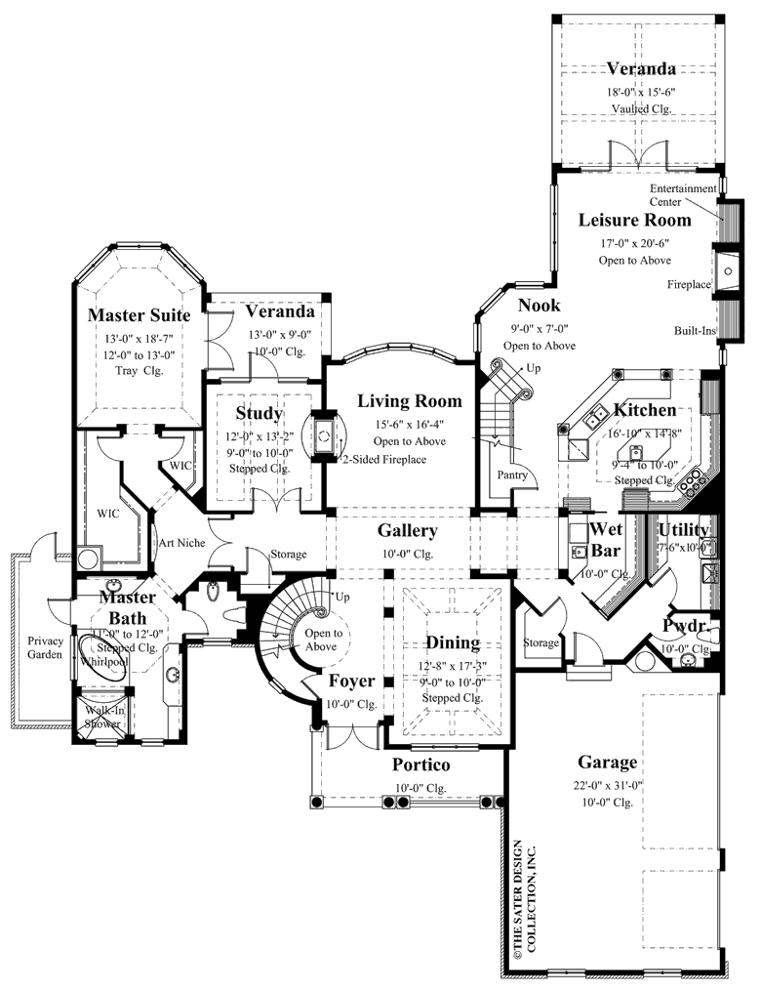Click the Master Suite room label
click(x=138, y=314)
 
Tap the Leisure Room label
click(x=634, y=220)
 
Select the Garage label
click(x=607, y=762)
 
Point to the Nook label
click(x=539, y=306)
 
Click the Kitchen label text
click(x=644, y=410)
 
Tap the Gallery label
click(x=408, y=531)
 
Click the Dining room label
click(x=452, y=642)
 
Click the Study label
click(x=259, y=413)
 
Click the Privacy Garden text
click(x=45, y=647)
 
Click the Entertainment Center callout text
click(x=685, y=194)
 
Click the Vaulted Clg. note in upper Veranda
click(x=641, y=108)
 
